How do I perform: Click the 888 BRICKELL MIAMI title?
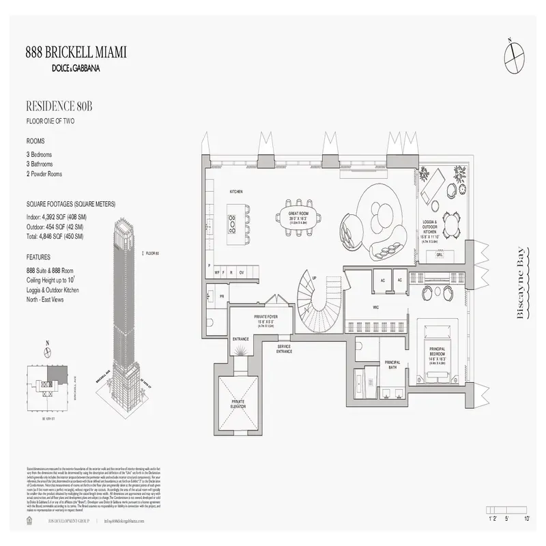[x=75, y=53]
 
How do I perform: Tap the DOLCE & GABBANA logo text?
[x=75, y=67]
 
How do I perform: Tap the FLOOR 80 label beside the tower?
[x=152, y=253]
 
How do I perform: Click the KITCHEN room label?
[x=237, y=192]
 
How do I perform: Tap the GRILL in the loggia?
[x=440, y=255]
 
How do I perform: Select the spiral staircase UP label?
[x=314, y=278]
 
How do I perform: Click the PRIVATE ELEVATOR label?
[x=238, y=403]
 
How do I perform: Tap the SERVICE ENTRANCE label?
[x=285, y=349]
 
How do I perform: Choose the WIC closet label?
[x=375, y=307]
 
